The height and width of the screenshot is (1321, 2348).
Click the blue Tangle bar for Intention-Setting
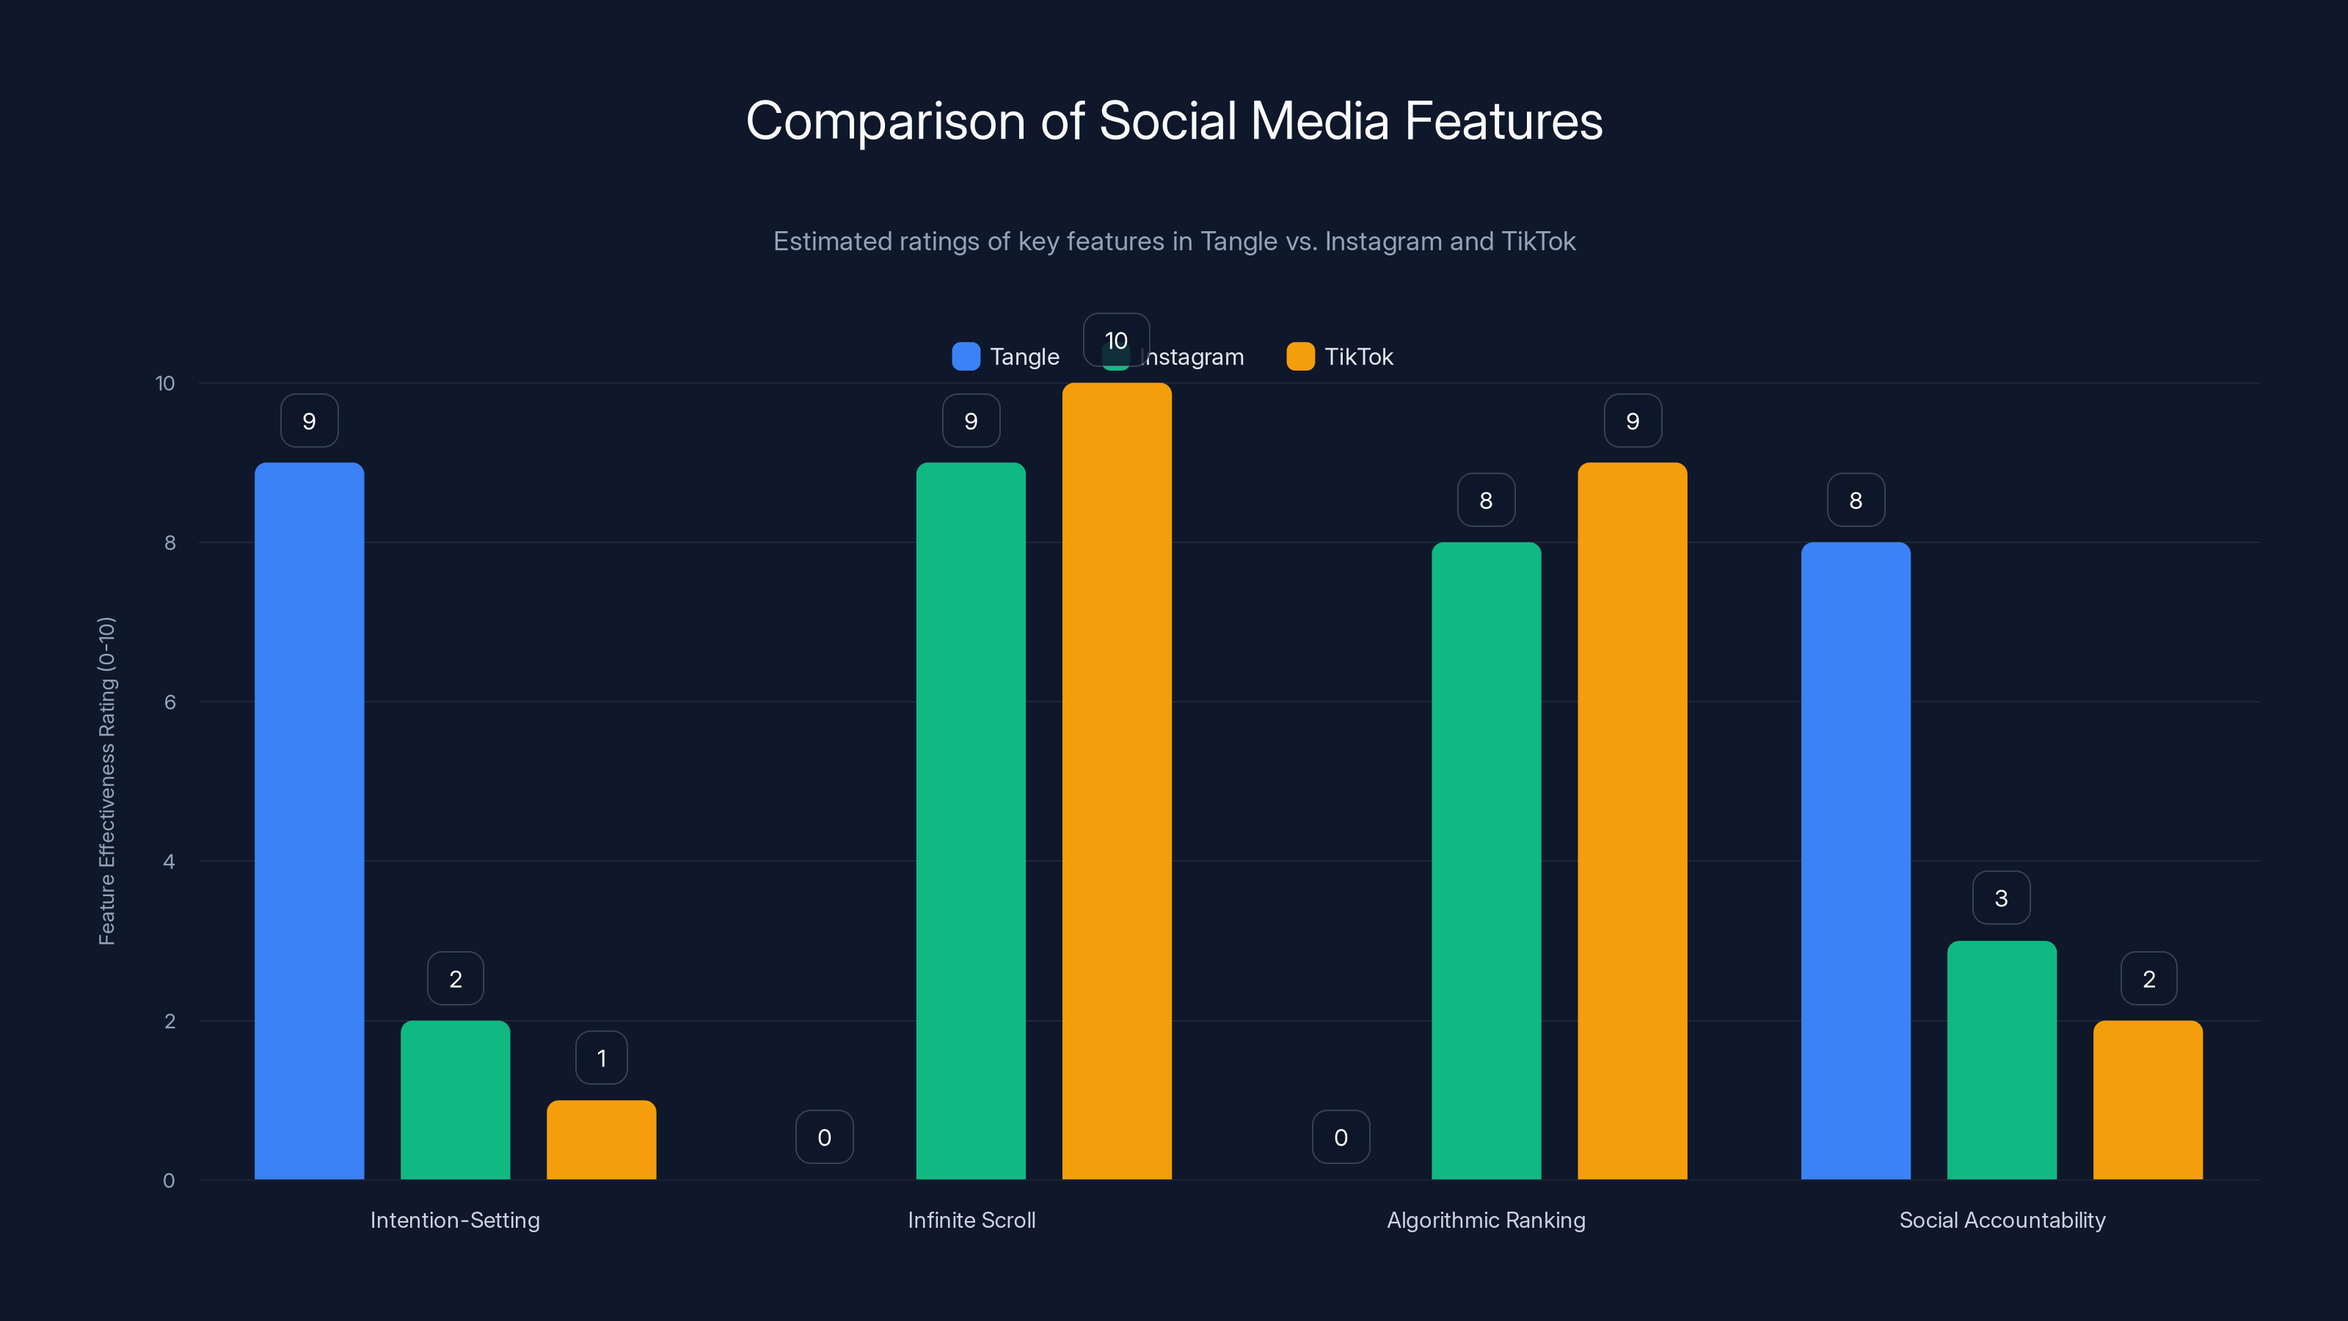pyautogui.click(x=309, y=820)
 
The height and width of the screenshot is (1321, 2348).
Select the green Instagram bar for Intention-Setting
pyautogui.click(x=455, y=1099)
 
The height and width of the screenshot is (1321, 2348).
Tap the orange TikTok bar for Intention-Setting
pyautogui.click(x=601, y=1140)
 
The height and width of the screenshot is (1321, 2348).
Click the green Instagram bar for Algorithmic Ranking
pyautogui.click(x=1486, y=861)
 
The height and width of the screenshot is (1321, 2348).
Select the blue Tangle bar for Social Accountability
pyautogui.click(x=1855, y=861)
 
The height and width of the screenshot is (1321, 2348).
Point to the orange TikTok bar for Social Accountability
pyautogui.click(x=2148, y=1099)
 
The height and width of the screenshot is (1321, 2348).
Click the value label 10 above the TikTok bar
pyautogui.click(x=1115, y=340)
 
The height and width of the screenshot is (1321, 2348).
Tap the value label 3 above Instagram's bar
pyautogui.click(x=2001, y=898)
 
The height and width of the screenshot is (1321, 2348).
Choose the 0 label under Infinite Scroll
pyautogui.click(x=824, y=1137)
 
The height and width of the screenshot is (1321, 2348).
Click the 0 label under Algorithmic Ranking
pyautogui.click(x=1340, y=1137)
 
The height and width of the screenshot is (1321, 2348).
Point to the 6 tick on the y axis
pyautogui.click(x=169, y=702)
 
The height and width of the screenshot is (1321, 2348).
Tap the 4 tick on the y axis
pyautogui.click(x=169, y=862)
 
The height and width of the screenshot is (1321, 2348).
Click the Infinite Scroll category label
pyautogui.click(x=971, y=1220)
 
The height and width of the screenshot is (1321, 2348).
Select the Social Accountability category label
pyautogui.click(x=2002, y=1220)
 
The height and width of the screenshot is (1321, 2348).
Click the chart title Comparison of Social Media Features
pyautogui.click(x=1174, y=120)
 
